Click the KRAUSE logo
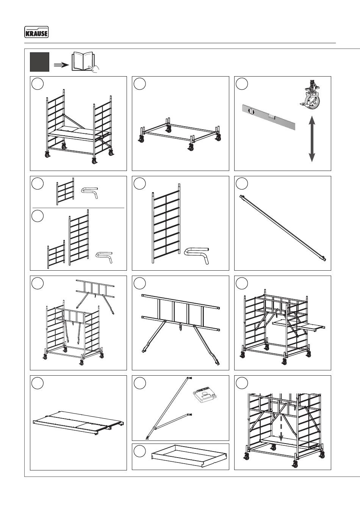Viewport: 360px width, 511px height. pos(36,33)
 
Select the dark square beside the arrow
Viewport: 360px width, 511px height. pos(40,62)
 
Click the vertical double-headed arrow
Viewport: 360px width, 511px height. pos(311,139)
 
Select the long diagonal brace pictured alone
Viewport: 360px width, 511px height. pos(283,227)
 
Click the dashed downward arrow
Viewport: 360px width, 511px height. pos(281,426)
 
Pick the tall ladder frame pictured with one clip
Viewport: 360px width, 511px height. pos(166,224)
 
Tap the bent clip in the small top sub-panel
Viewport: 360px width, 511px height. pos(90,191)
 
